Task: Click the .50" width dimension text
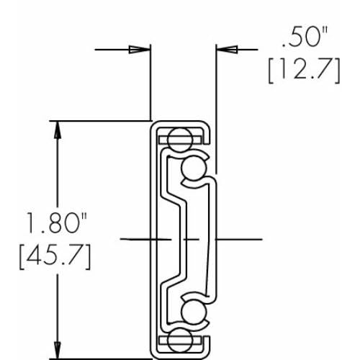[305, 37]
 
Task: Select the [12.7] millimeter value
[304, 71]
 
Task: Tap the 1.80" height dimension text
[57, 222]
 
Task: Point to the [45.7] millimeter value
[55, 256]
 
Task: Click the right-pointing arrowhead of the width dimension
[140, 50]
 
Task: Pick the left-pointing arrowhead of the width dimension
[227, 50]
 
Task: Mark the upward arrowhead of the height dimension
[58, 130]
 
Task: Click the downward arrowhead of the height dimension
[58, 351]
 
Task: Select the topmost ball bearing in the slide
[180, 140]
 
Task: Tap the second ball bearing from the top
[194, 168]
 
